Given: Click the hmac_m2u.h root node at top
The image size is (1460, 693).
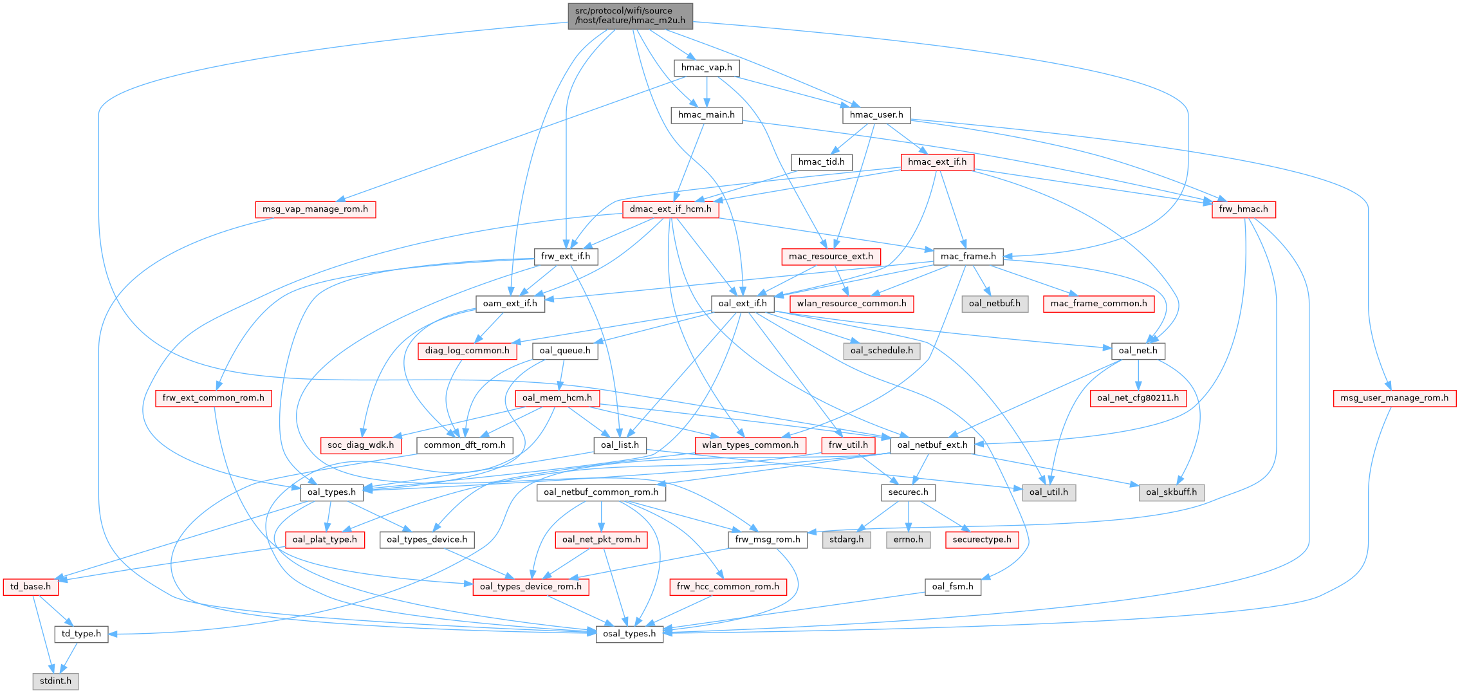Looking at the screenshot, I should coord(630,15).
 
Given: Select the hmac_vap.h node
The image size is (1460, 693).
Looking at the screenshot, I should coord(706,68).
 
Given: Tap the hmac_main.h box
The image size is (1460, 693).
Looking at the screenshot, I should coord(706,115).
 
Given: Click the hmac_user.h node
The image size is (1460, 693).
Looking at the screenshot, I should coord(876,115).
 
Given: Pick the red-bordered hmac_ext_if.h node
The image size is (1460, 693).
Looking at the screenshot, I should coord(937,162).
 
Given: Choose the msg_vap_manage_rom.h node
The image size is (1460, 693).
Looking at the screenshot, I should coord(315,209).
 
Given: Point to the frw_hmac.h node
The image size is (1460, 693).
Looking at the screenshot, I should coord(1243,209).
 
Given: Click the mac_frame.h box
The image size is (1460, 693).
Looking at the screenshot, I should coord(968,257).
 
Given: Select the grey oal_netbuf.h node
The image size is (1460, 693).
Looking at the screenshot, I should coord(994,304).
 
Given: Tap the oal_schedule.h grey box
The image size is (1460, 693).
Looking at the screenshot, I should coord(881,351).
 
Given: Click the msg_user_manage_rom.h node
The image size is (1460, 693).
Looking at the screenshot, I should coord(1394,398).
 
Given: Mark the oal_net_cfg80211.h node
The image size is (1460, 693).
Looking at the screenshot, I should coord(1138,398).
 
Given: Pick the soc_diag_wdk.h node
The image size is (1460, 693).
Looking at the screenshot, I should coord(360,445).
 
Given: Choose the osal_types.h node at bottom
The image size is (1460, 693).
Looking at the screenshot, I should coord(629,634).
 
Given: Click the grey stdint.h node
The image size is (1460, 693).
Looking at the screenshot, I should coord(55,681).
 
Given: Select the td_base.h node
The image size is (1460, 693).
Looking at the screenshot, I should coord(30,587).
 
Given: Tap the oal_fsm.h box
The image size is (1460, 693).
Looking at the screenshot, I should coord(952,587).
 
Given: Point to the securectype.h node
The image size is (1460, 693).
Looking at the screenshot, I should coord(981,540).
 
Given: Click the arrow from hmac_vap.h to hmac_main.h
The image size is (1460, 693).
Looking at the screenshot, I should coord(707,91).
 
